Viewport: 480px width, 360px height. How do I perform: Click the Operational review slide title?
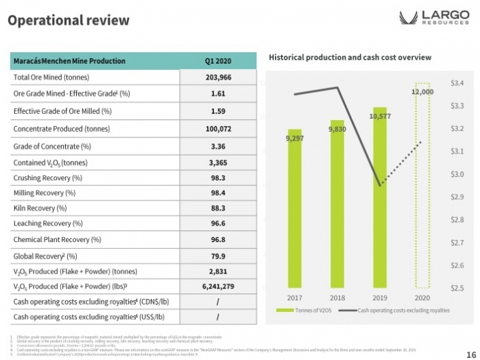coord(67,20)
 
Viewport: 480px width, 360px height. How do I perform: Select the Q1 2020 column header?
coord(218,61)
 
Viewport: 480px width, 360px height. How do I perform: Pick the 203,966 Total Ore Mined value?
coord(218,77)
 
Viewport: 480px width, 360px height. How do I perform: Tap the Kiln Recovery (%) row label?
coord(40,208)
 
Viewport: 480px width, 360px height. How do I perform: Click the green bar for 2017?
coord(294,213)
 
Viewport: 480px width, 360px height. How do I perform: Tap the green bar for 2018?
coord(337,206)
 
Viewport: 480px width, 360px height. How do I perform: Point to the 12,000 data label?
coord(422,91)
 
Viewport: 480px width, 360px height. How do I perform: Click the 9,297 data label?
coord(294,139)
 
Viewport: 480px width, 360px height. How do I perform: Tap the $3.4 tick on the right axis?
coord(457,83)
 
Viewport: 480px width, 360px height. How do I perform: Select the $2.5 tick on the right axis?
coord(457,288)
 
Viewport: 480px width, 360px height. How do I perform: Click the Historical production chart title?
coord(350,57)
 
